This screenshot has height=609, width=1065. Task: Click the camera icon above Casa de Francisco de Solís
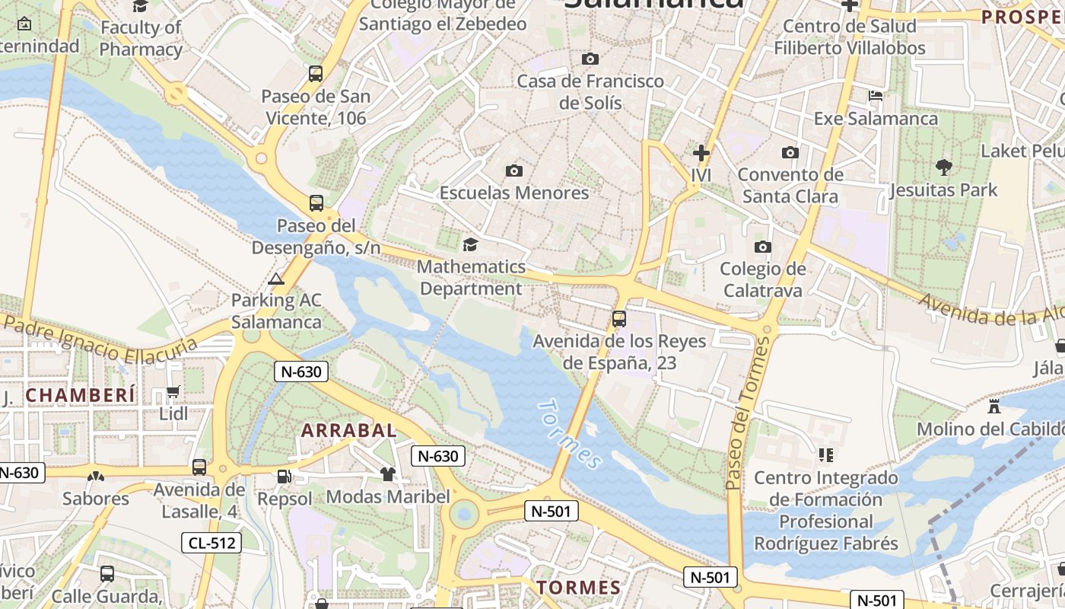click(x=590, y=59)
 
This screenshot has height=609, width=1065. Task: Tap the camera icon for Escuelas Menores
click(x=514, y=171)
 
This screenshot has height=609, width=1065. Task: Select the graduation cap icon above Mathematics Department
click(x=470, y=244)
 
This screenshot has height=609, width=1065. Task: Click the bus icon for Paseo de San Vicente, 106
click(x=316, y=74)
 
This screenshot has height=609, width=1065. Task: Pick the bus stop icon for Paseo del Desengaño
click(x=316, y=203)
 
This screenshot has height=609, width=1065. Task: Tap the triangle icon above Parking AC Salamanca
click(x=276, y=279)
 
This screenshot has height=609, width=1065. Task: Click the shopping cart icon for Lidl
click(x=173, y=392)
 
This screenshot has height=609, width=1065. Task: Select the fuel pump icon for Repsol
click(x=284, y=477)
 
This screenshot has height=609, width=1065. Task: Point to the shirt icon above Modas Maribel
click(x=388, y=474)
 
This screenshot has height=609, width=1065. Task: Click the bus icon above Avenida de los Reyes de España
click(x=619, y=319)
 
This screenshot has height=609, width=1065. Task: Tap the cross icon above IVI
click(x=701, y=153)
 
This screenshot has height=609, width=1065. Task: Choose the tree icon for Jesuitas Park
click(x=943, y=167)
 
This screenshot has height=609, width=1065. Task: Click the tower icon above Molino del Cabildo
click(x=993, y=406)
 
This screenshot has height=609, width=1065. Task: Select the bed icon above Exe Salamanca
click(x=876, y=96)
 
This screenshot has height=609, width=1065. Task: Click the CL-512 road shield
click(x=211, y=543)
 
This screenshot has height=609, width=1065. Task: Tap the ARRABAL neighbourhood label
click(x=349, y=430)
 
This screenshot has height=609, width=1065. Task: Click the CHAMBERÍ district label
click(x=81, y=395)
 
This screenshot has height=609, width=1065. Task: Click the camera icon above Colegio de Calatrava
click(x=762, y=247)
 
